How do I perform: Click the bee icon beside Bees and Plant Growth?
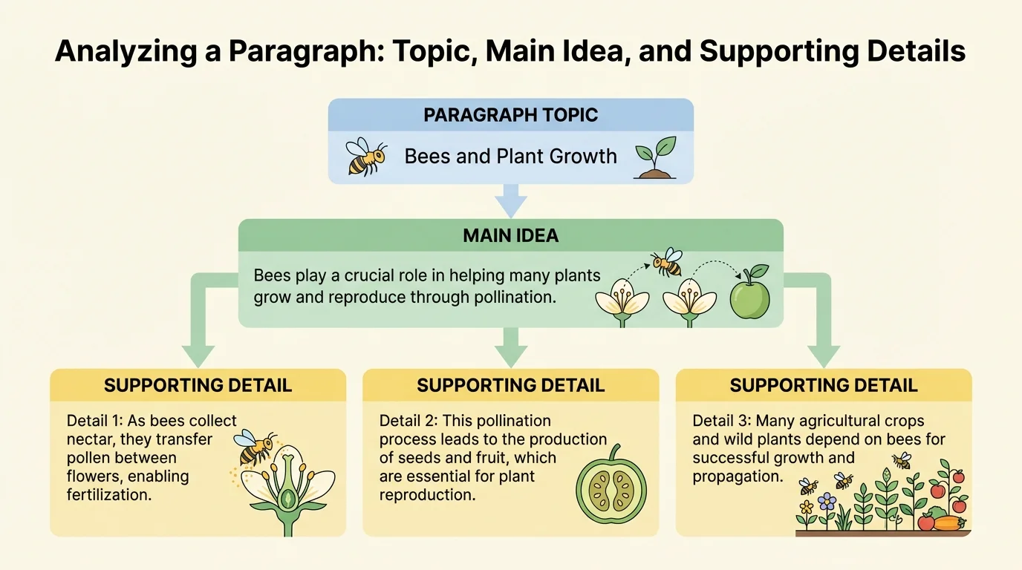pyautogui.click(x=366, y=157)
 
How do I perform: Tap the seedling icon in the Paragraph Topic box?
pyautogui.click(x=656, y=157)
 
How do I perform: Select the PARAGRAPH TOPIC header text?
pyautogui.click(x=510, y=115)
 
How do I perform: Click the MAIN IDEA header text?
pyautogui.click(x=510, y=236)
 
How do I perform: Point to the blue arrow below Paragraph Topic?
pyautogui.click(x=510, y=200)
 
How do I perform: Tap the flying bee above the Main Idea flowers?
pyautogui.click(x=666, y=262)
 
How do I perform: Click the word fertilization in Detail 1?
pyautogui.click(x=109, y=494)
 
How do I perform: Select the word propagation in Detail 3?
pyautogui.click(x=738, y=476)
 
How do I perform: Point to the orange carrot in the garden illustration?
pyautogui.click(x=948, y=523)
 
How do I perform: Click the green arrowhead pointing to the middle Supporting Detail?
pyautogui.click(x=510, y=356)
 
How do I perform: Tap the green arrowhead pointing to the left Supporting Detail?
pyautogui.click(x=198, y=356)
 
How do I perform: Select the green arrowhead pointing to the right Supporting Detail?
pyautogui.click(x=822, y=356)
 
